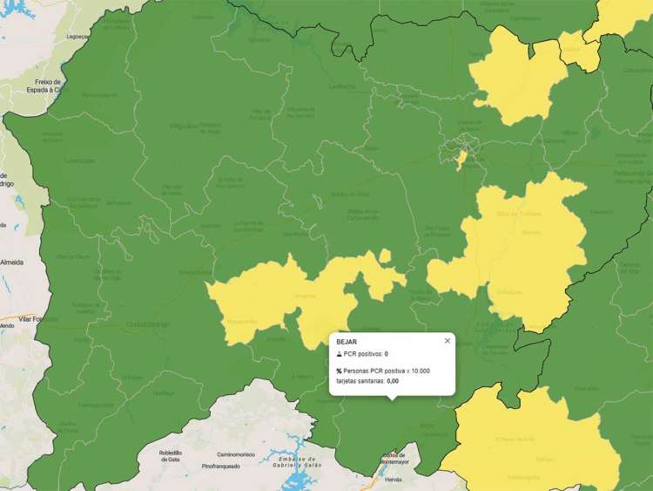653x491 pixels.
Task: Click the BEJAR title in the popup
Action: [347, 342]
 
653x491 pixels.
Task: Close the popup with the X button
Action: [448, 341]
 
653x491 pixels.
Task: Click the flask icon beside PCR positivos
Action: [340, 354]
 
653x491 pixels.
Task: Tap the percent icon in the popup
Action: [340, 371]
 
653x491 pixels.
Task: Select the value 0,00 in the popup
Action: [393, 381]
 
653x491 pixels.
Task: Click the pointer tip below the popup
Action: [392, 399]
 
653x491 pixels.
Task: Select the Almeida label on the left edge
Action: [11, 262]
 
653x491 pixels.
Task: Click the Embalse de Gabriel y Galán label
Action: [297, 462]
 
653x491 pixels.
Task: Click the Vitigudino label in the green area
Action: [184, 126]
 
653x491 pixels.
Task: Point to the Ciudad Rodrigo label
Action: [148, 324]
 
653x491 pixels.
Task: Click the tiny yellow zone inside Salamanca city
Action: [461, 160]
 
